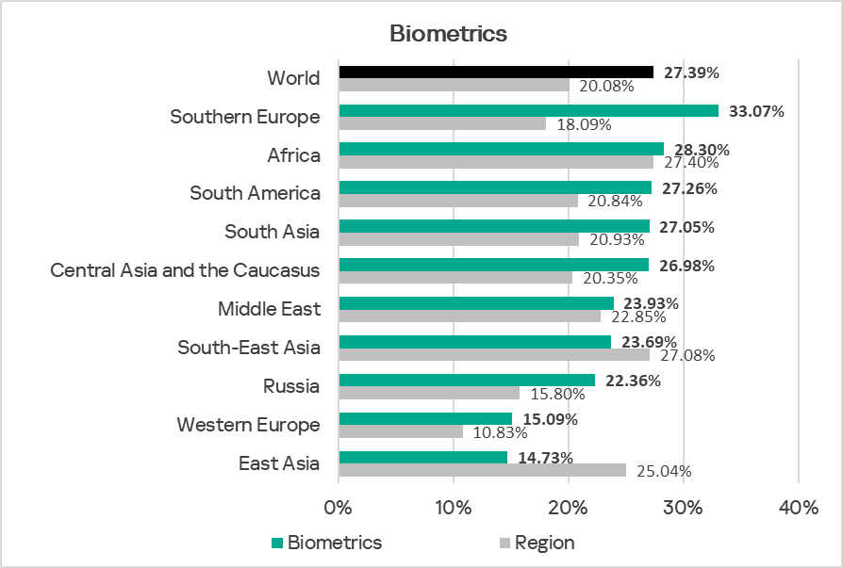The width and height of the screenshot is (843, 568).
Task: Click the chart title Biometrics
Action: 448,34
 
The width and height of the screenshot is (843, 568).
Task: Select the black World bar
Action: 496,72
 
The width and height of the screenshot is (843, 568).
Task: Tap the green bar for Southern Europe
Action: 528,110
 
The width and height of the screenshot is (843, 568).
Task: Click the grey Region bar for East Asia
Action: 482,470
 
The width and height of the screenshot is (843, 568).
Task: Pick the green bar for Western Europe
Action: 425,418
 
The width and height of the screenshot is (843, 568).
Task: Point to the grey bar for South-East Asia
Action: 494,355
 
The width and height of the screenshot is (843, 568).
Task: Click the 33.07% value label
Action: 756,111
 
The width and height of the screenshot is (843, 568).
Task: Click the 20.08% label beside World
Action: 605,86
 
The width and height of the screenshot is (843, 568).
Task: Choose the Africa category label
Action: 293,155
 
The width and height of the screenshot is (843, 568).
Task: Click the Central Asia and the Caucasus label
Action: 185,270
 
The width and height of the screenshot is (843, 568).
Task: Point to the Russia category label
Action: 291,386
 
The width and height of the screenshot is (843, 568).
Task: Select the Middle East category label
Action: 269,309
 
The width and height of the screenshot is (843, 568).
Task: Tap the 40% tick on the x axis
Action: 799,508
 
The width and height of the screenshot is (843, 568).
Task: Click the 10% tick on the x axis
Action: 454,508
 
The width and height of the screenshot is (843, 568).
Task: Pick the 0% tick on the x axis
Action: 339,508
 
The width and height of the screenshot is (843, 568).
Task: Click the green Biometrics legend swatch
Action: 277,543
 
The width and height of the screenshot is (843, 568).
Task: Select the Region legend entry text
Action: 544,543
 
